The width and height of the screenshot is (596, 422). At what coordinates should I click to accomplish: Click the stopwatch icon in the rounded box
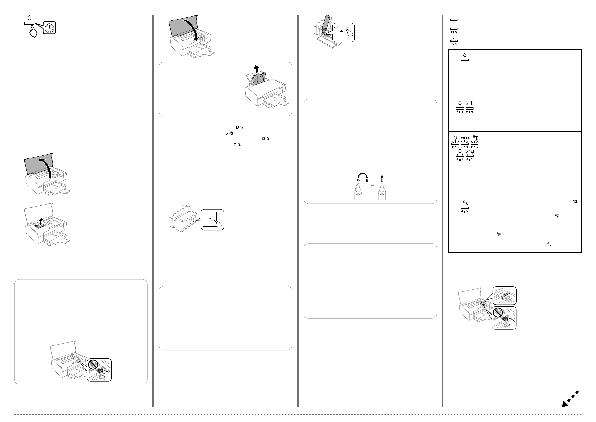(49, 28)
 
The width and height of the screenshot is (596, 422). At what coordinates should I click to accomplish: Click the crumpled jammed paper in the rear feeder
(258, 79)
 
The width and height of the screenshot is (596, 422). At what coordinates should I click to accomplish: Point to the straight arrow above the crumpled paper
(256, 69)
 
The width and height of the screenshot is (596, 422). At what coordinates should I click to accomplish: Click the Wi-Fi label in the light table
(465, 138)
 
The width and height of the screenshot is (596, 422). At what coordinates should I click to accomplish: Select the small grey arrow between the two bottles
(372, 185)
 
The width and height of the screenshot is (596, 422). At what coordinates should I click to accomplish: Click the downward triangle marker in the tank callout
(210, 219)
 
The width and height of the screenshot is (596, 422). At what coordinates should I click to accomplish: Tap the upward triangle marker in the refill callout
(342, 30)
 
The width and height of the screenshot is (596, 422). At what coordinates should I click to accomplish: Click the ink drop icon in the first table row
(465, 55)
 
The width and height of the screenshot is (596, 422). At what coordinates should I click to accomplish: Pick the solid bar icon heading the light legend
(454, 20)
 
